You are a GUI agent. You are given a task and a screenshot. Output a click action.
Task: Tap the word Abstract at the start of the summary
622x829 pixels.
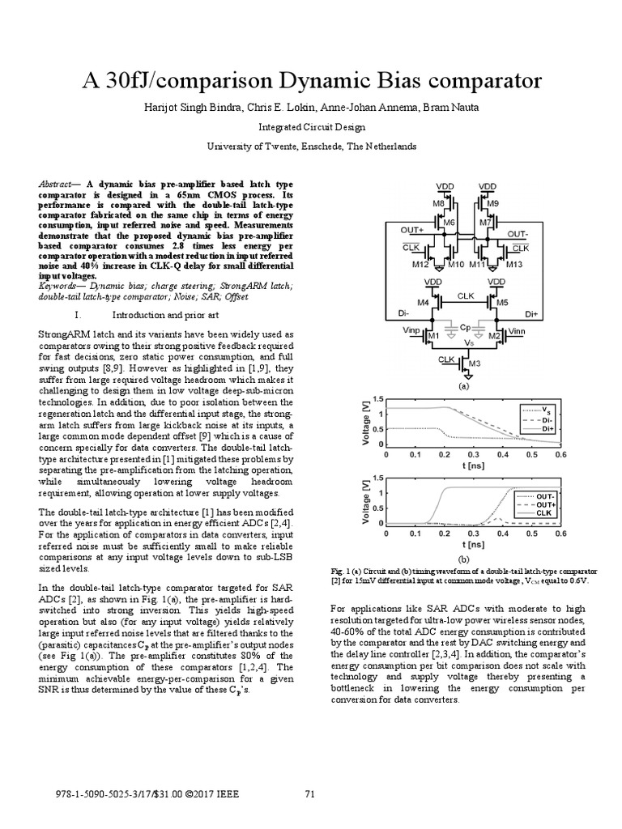pos(57,185)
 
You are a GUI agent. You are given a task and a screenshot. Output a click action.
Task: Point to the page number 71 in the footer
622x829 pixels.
pos(309,793)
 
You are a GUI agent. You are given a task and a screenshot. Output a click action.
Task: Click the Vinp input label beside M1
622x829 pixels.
pos(412,331)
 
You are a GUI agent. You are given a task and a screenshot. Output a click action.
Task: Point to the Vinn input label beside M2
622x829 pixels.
pos(516,331)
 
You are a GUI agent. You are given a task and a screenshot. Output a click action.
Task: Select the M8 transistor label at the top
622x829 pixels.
pos(439,203)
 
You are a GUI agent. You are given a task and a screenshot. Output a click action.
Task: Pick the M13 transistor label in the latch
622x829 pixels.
pos(516,264)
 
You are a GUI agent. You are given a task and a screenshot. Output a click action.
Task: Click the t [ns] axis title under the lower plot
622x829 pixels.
pos(474,544)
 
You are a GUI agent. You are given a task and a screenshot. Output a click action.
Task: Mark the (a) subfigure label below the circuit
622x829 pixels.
pos(464,387)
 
